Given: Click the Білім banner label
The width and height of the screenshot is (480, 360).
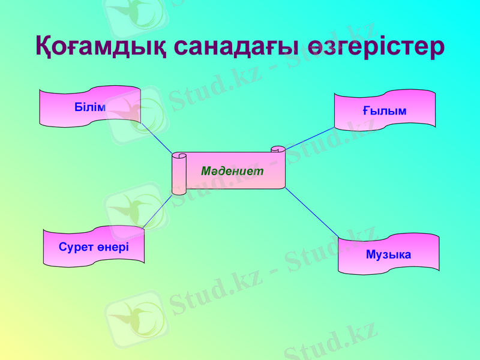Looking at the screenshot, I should [x=90, y=107].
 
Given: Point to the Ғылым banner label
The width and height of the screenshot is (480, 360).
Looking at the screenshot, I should [x=385, y=111].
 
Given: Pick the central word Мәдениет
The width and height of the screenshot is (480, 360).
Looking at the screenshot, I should [x=233, y=171].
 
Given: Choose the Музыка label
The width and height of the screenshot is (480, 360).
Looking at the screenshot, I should [x=388, y=254].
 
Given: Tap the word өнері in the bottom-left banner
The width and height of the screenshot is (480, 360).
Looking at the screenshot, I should [x=114, y=247].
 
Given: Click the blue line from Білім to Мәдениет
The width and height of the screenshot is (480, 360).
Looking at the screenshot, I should [x=157, y=139].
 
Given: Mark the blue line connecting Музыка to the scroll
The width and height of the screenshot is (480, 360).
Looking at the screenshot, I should [x=312, y=215].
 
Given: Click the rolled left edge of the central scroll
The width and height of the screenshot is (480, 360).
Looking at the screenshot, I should [x=179, y=174].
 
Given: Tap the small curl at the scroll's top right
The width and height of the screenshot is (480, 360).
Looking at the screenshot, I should [x=278, y=149].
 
